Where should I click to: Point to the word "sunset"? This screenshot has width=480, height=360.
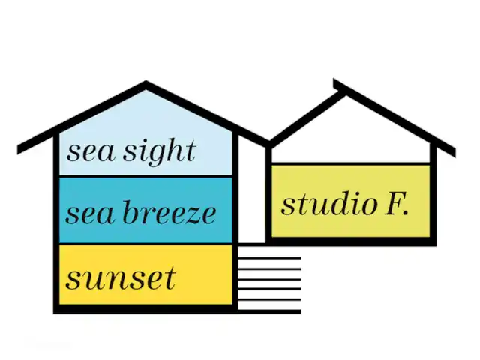pyautogui.click(x=121, y=279)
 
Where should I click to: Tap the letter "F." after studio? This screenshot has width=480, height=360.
pyautogui.click(x=396, y=203)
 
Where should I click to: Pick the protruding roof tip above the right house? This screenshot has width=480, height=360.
pyautogui.click(x=336, y=82)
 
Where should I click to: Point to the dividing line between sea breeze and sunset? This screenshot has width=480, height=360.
pyautogui.click(x=147, y=244)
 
